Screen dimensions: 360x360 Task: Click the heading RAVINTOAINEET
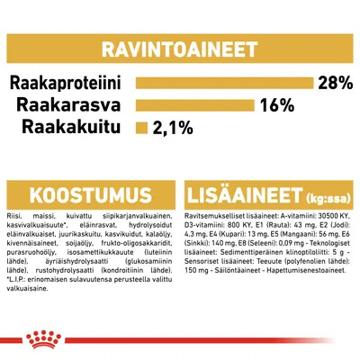pyautogui.click(x=179, y=46)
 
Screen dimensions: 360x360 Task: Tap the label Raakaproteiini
pyautogui.click(x=69, y=84)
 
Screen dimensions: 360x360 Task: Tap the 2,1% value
pyautogui.click(x=172, y=127)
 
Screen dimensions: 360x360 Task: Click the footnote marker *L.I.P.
pyautogui.click(x=17, y=301)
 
